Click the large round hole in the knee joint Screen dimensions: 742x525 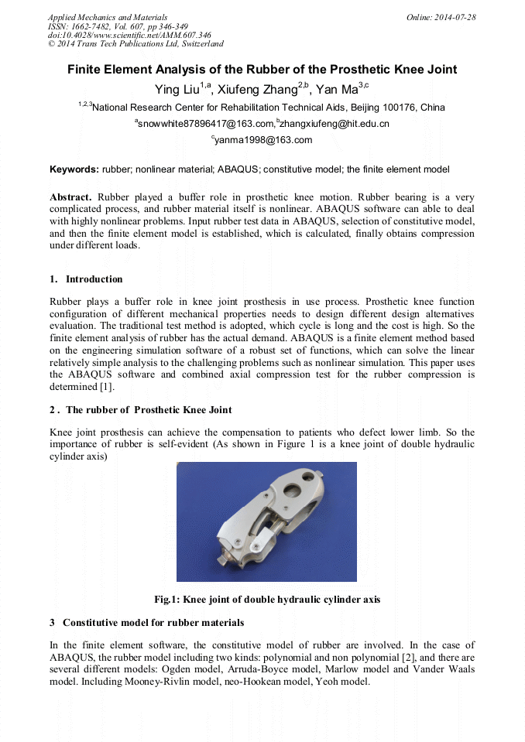(x=293, y=492)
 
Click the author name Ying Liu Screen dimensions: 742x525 (x=177, y=89)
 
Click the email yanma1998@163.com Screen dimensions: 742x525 (x=263, y=140)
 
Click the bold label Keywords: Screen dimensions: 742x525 (x=74, y=169)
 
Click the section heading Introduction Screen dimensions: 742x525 (x=94, y=279)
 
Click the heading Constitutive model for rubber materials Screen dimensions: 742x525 (x=153, y=623)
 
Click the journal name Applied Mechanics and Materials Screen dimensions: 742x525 (x=108, y=17)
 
